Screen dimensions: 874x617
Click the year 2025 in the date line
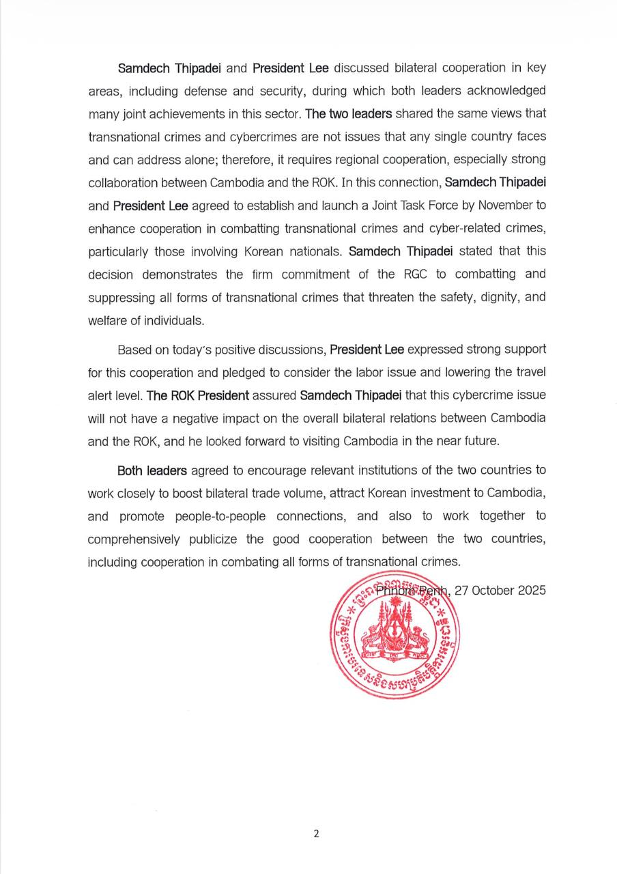coord(531,591)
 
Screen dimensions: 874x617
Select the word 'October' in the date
coord(491,591)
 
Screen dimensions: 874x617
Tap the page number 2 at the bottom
coord(315,833)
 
